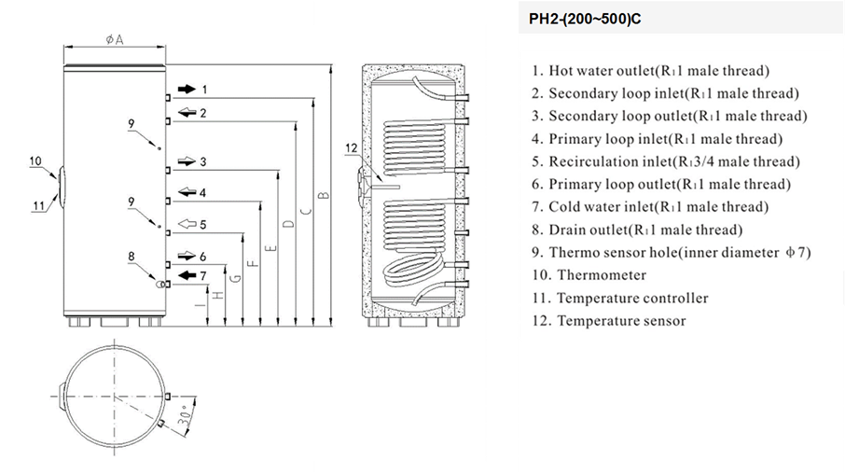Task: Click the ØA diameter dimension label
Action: pos(115,39)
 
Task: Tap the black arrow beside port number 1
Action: pos(187,90)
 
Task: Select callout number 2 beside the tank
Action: pos(202,113)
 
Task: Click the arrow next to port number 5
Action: pos(187,224)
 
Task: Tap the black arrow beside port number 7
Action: pos(187,275)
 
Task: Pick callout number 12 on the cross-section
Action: pos(350,147)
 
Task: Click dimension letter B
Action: pos(324,195)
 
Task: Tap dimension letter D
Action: pos(288,224)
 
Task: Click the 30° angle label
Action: pos(187,415)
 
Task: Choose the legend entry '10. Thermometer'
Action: pos(589,275)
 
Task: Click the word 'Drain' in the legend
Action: pos(567,230)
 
